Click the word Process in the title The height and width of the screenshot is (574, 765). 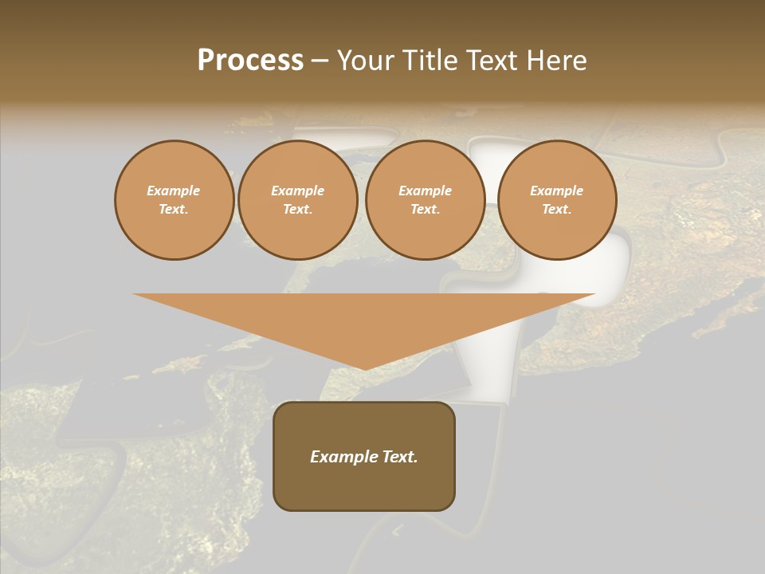point(250,61)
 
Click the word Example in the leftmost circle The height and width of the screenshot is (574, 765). point(174,191)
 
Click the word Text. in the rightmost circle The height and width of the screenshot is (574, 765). point(557,210)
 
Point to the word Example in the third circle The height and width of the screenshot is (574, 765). point(426,191)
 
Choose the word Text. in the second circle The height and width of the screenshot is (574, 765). point(298,210)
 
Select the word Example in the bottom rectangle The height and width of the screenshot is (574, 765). point(341,457)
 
